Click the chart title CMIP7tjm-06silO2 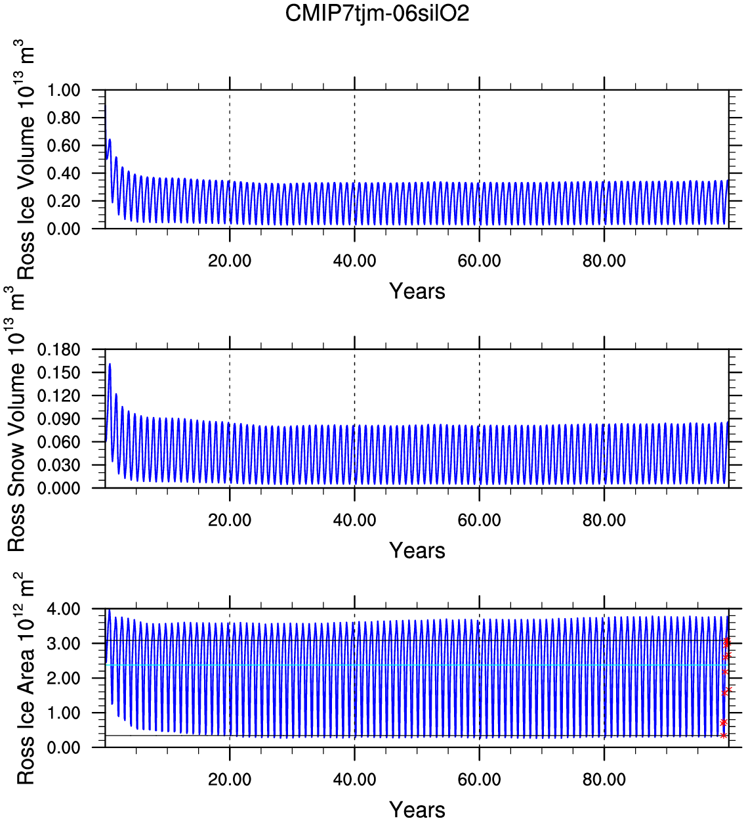pyautogui.click(x=377, y=13)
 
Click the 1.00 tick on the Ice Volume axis pyautogui.click(x=63, y=90)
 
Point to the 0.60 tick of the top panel pyautogui.click(x=63, y=146)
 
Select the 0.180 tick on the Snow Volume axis pyautogui.click(x=59, y=349)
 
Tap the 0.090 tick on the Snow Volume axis pyautogui.click(x=59, y=419)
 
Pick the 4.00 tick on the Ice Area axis pyautogui.click(x=63, y=610)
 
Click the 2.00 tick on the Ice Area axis pyautogui.click(x=63, y=678)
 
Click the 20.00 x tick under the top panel pyautogui.click(x=230, y=261)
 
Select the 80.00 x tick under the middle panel pyautogui.click(x=604, y=520)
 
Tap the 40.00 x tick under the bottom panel pyautogui.click(x=354, y=780)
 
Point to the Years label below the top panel pyautogui.click(x=417, y=291)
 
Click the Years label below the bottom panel pyautogui.click(x=417, y=809)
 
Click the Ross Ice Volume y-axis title pyautogui.click(x=25, y=161)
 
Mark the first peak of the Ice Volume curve pyautogui.click(x=110, y=139)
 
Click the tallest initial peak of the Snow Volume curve pyautogui.click(x=110, y=364)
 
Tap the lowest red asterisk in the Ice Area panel pyautogui.click(x=724, y=736)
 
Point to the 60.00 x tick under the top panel pyautogui.click(x=480, y=261)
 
